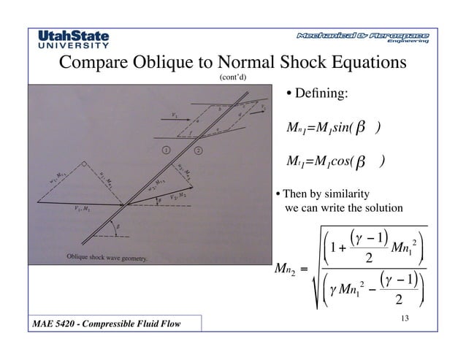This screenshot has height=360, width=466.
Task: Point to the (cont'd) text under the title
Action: coord(232,78)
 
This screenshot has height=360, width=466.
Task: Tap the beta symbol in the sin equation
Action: coord(361,130)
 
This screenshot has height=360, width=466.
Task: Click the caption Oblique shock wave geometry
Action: coord(107,258)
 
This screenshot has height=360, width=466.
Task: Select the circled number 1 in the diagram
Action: coord(166,150)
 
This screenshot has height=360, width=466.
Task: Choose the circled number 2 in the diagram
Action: coord(198,150)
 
